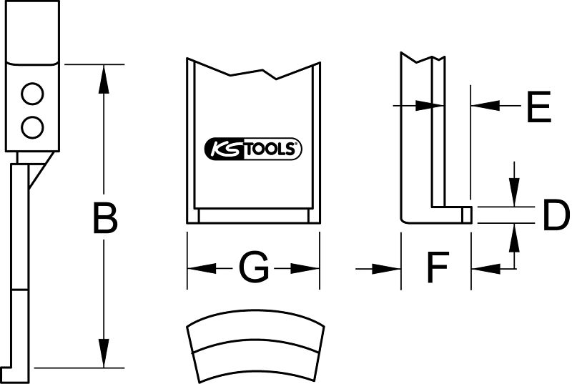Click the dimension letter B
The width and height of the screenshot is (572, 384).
click(105, 218)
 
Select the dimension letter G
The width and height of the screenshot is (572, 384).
click(254, 267)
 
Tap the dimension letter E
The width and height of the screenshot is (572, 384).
click(539, 107)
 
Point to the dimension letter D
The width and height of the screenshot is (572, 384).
click(556, 215)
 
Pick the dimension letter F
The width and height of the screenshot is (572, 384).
click(438, 267)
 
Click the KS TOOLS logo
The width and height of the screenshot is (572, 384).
click(253, 149)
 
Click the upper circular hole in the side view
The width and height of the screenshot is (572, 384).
click(32, 94)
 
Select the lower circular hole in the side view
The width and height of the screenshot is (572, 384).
click(32, 127)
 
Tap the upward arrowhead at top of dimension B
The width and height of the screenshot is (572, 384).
click(104, 79)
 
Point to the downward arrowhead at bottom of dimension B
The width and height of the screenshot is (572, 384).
click(104, 353)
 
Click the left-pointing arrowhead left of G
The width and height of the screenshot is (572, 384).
click(202, 269)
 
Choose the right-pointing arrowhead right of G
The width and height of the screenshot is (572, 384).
click(305, 269)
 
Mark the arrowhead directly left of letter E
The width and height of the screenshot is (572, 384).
click(485, 106)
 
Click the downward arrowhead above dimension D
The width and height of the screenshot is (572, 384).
click(514, 192)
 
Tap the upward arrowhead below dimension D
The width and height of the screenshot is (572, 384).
click(514, 237)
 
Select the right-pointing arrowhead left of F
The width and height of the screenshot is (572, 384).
click(386, 269)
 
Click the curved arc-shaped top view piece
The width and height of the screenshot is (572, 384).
click(256, 345)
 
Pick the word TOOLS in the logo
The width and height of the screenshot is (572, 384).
click(272, 149)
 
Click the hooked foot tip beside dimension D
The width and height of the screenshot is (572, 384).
click(467, 215)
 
